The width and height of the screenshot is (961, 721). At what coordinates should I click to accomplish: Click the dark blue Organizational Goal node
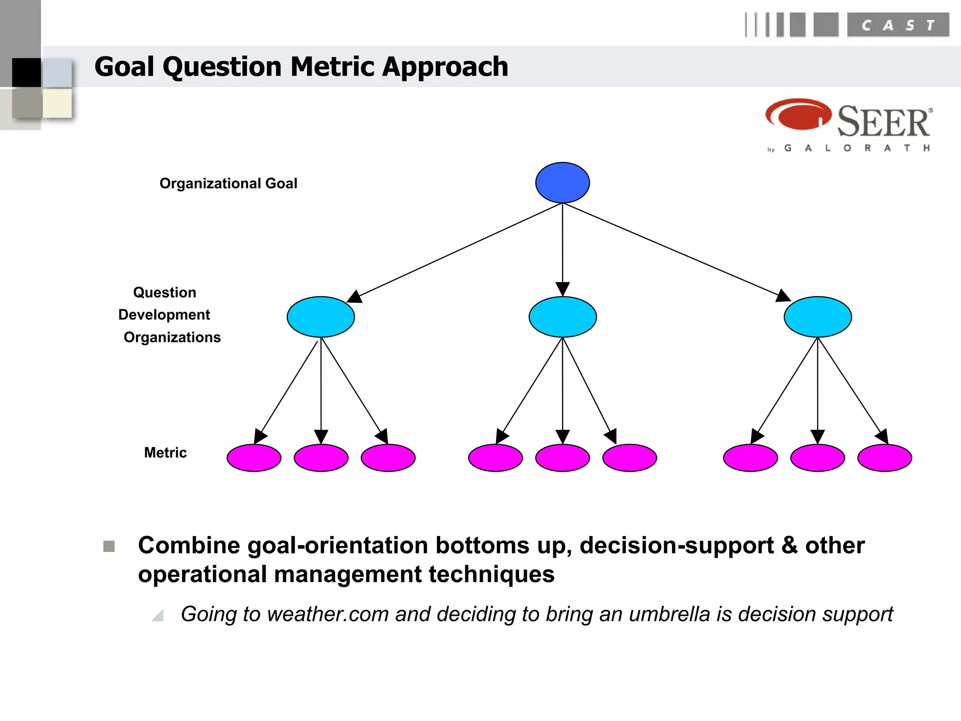tap(562, 183)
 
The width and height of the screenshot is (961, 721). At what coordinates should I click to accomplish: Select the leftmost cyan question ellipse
tap(320, 317)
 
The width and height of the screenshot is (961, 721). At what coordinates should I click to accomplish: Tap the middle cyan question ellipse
tap(562, 317)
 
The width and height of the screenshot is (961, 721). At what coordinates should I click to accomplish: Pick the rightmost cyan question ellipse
tap(817, 317)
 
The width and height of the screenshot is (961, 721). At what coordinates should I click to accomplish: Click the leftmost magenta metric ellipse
tap(254, 458)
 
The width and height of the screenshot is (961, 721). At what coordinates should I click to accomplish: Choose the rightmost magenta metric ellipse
tap(885, 458)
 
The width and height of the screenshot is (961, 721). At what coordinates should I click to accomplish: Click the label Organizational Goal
tap(228, 184)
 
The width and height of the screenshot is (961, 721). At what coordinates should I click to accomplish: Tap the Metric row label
tap(165, 453)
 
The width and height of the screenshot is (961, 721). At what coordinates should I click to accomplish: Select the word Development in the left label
tap(164, 314)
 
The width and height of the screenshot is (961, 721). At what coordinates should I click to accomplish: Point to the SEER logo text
tap(883, 122)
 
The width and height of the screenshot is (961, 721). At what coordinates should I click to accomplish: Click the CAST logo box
tap(898, 25)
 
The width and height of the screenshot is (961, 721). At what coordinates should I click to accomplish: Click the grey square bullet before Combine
tap(109, 546)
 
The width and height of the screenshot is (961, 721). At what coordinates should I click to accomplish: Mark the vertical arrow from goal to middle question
tap(562, 249)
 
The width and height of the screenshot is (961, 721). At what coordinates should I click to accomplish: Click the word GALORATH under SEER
tap(856, 148)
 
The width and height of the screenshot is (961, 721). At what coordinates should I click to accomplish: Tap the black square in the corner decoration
tap(26, 72)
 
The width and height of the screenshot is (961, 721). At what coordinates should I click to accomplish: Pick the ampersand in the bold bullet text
tap(789, 545)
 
